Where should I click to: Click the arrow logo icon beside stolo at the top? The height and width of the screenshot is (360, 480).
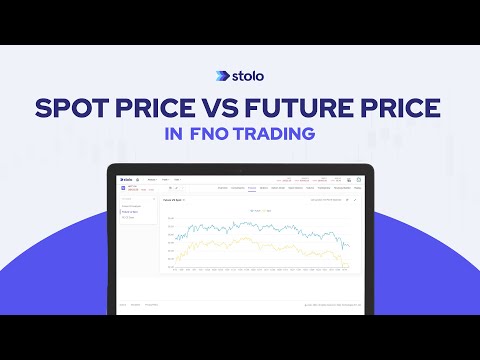tap(222, 74)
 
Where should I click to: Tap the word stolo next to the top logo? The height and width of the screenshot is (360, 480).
tap(250, 74)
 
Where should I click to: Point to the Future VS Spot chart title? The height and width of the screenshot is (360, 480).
tap(175, 200)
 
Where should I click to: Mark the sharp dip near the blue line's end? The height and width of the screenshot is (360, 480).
tap(341, 243)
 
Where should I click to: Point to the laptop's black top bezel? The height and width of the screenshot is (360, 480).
tap(240, 168)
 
